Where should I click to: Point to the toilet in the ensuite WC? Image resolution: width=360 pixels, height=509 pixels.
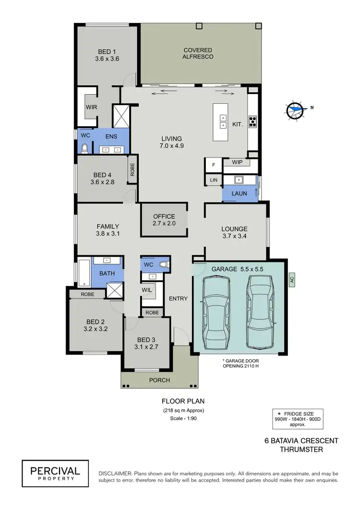point(85,148)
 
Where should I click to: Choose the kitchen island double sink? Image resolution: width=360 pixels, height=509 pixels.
point(223,122)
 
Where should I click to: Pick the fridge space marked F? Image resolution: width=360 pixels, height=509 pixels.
point(213,165)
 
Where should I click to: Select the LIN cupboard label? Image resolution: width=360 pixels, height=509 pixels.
point(213,180)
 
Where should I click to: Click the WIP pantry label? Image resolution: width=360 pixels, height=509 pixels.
point(237,163)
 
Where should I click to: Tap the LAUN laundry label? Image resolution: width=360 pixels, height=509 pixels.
point(239,193)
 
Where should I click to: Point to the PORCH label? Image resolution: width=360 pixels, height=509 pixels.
point(159,380)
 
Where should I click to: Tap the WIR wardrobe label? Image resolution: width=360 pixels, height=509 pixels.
point(91,107)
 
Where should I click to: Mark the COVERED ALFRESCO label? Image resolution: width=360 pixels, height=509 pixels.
point(198,53)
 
